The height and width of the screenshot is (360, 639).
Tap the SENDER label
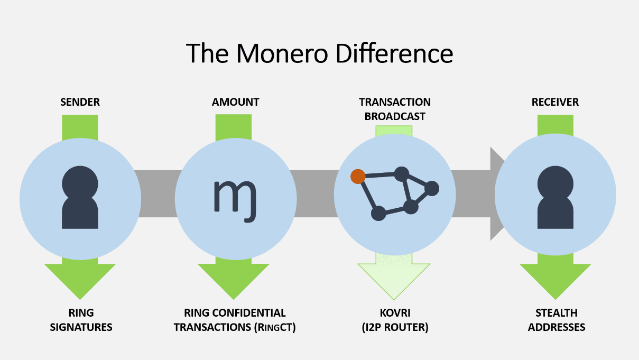80,102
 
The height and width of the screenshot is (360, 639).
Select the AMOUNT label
235,102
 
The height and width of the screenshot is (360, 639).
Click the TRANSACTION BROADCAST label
394,109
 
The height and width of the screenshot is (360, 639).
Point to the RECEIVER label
555,102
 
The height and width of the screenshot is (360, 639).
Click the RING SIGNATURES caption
81,320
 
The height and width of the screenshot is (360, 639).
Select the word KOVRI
394,313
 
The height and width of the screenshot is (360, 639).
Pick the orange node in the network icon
358,176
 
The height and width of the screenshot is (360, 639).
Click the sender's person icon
80,199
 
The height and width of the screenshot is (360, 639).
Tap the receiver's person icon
555,199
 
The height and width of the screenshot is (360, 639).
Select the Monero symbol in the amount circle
235,196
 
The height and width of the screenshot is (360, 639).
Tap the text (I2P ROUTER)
394,327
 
